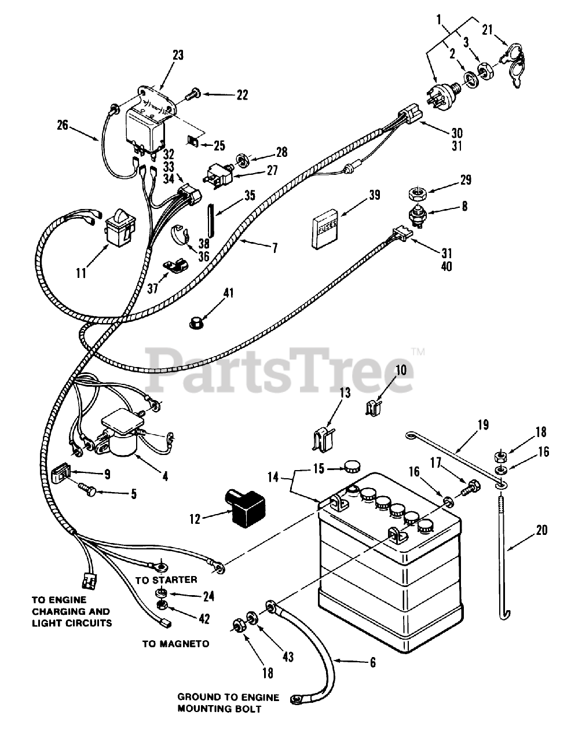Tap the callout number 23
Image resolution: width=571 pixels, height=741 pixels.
coord(178,56)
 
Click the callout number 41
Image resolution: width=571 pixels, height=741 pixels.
coord(229,293)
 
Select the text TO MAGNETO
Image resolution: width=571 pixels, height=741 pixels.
coord(176,643)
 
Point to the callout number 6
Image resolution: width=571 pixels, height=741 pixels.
coord(372,662)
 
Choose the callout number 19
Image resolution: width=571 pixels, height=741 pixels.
coord(483,425)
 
